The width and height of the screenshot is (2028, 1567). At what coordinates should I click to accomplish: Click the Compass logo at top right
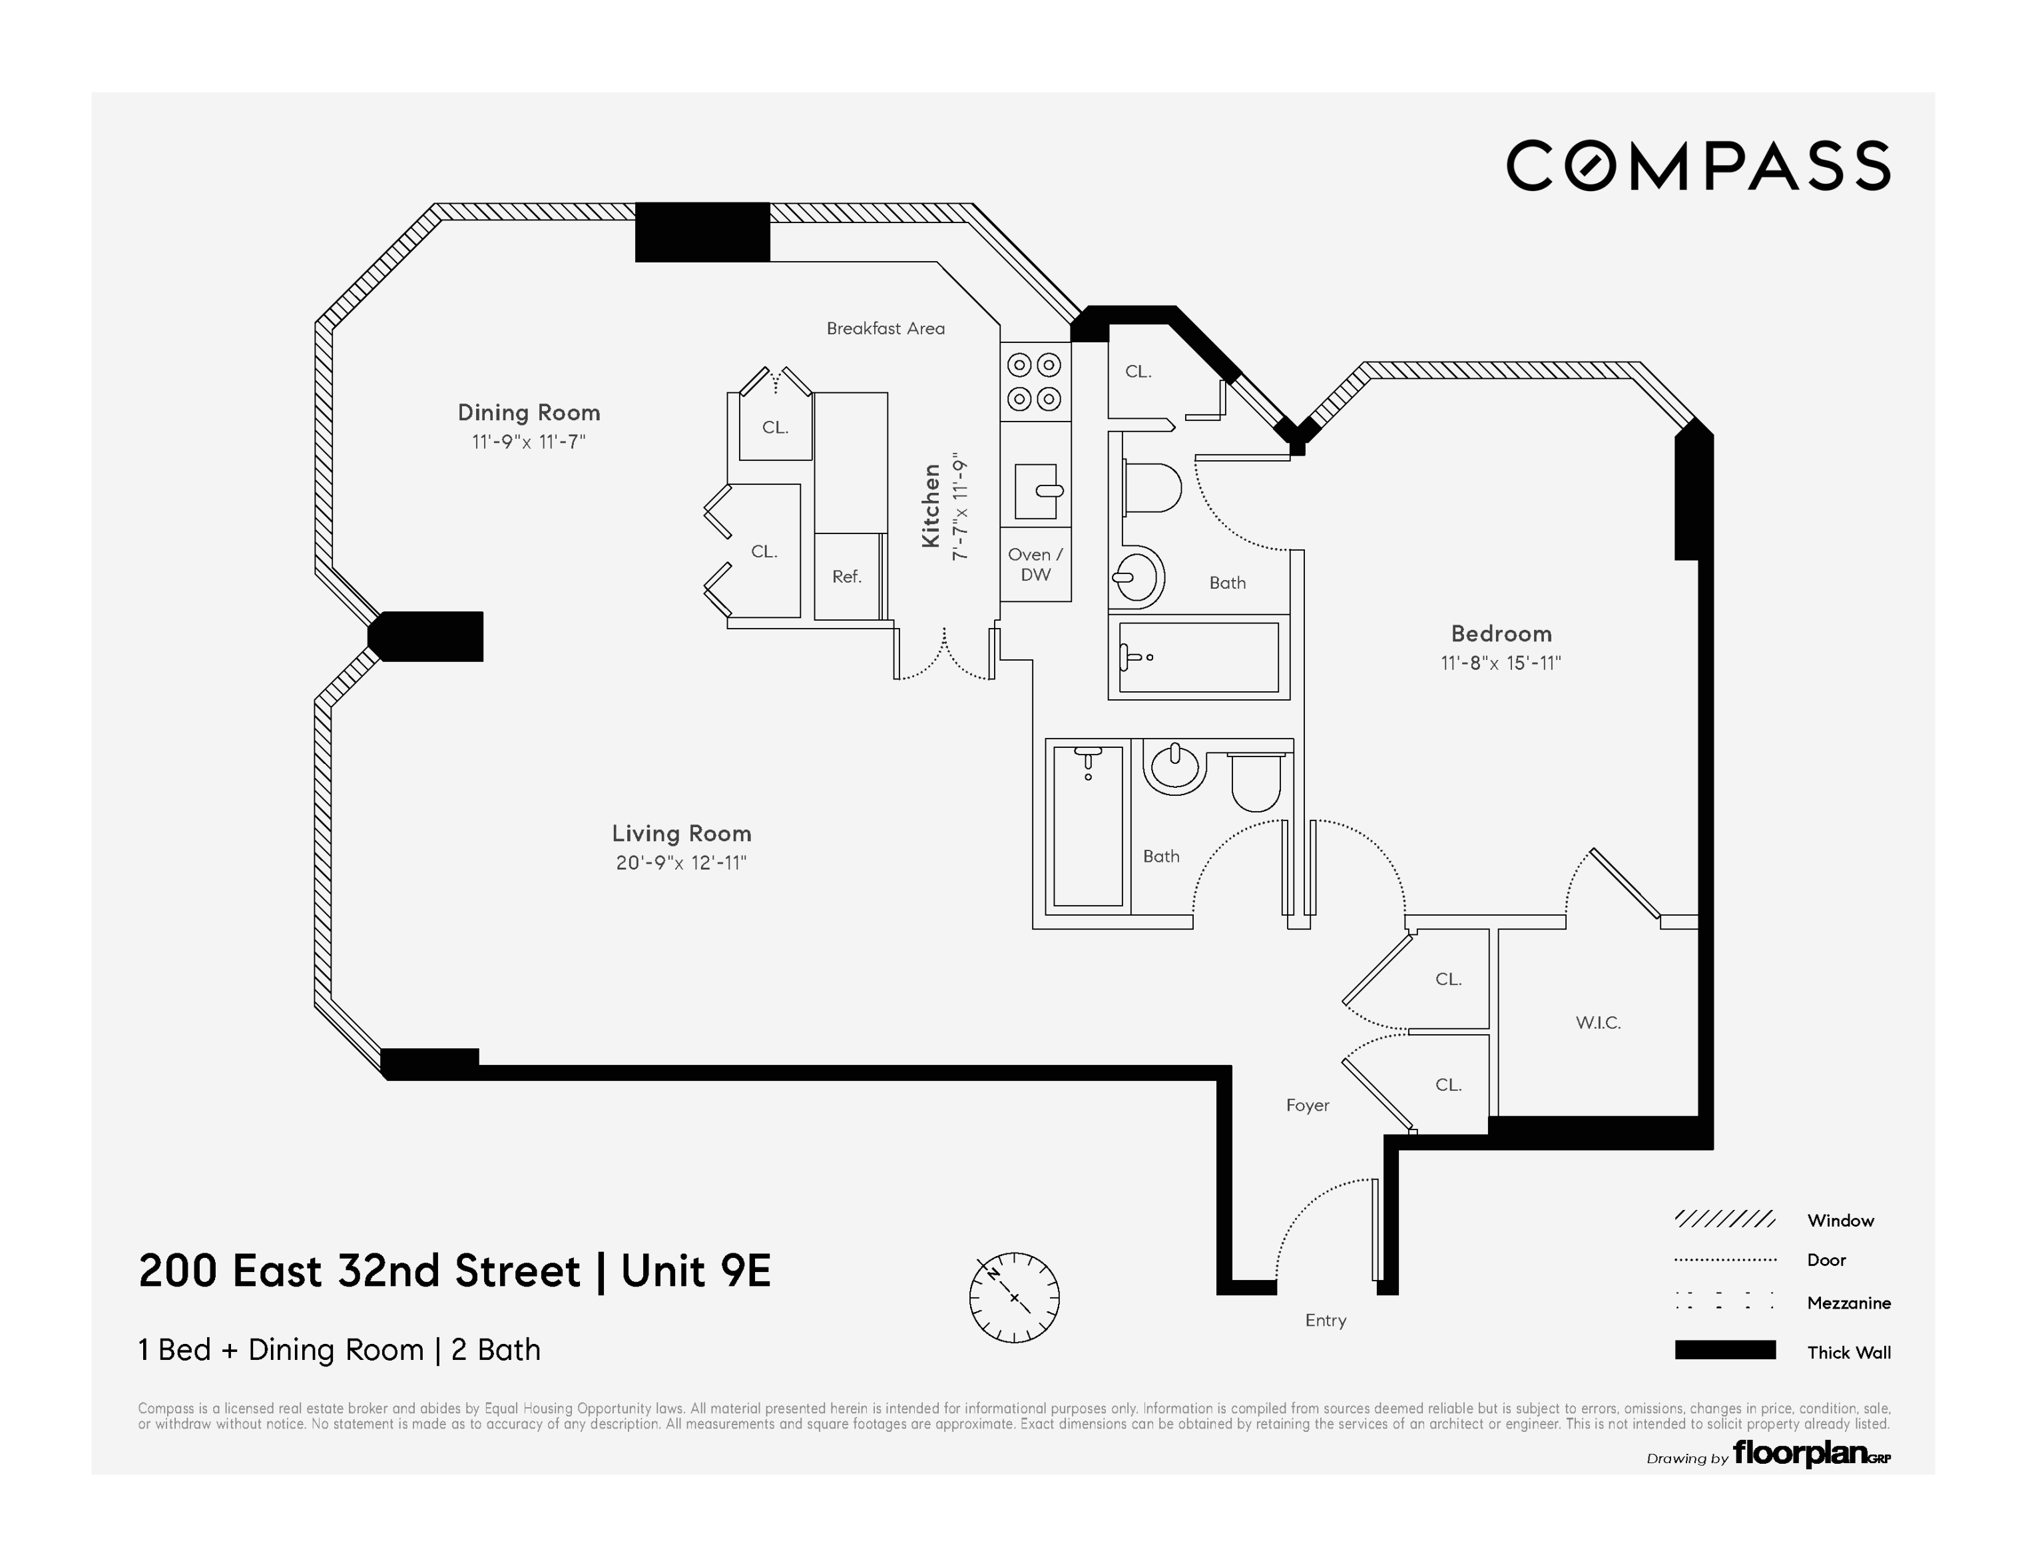(x=1697, y=166)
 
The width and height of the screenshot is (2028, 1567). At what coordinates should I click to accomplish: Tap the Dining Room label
(x=529, y=412)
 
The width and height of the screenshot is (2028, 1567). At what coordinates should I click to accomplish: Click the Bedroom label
(x=1501, y=633)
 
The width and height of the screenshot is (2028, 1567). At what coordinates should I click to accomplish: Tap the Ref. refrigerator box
(x=847, y=576)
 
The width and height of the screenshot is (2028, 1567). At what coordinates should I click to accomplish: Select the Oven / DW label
(x=1035, y=564)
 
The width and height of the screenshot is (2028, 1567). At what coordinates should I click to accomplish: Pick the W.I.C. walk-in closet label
(x=1597, y=1023)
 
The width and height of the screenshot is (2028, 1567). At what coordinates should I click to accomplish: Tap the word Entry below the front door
(x=1325, y=1320)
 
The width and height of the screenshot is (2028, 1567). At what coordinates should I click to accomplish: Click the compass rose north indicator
(x=1013, y=1297)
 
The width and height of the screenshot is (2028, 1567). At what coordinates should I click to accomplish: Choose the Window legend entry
(x=1840, y=1221)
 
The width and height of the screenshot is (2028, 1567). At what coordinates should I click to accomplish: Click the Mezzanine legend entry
(x=1848, y=1303)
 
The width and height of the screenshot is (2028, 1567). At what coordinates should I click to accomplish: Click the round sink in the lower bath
(x=1174, y=767)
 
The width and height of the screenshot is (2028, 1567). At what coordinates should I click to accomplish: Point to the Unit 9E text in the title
(x=696, y=1271)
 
